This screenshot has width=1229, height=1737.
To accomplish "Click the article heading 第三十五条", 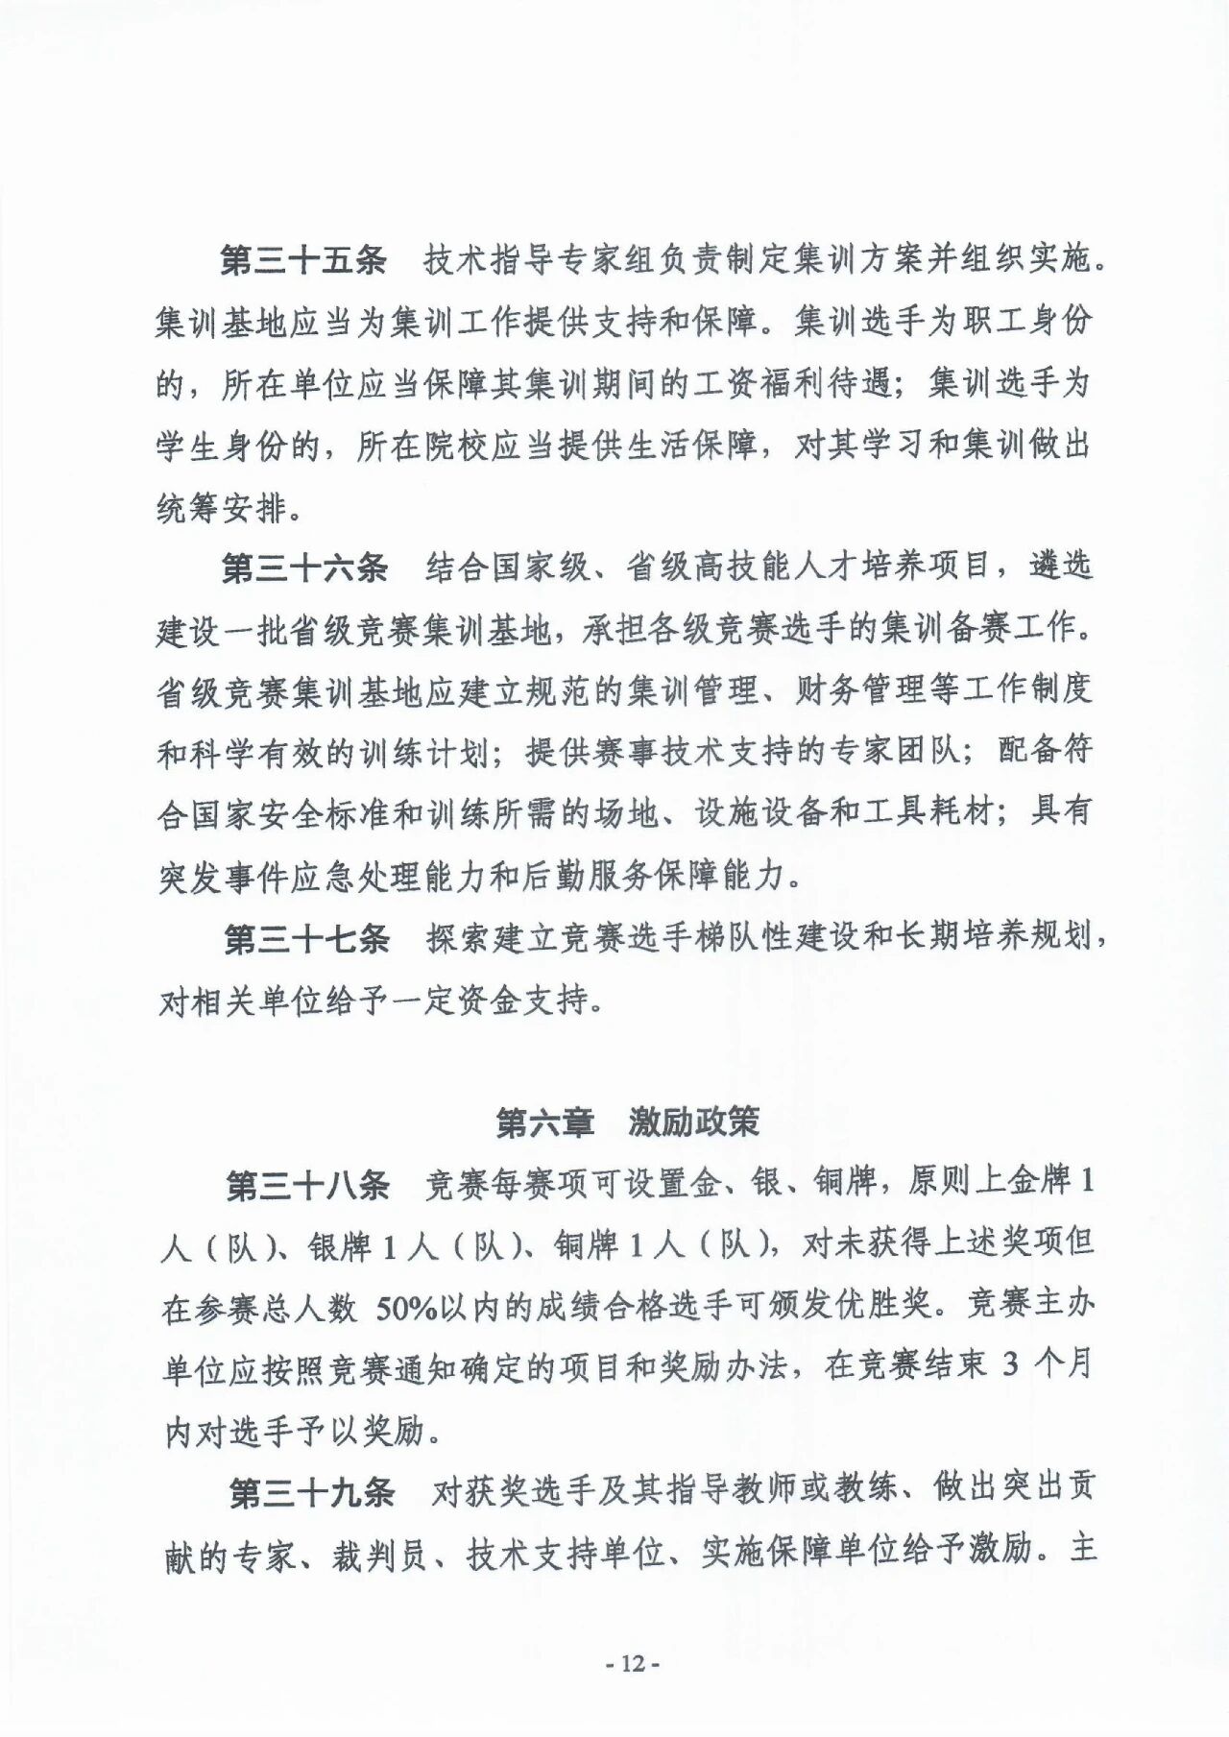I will (303, 260).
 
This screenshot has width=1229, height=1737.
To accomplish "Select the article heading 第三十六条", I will (304, 568).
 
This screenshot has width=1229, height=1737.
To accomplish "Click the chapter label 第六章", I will (544, 1122).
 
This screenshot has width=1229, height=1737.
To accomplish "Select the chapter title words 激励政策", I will (694, 1122).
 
